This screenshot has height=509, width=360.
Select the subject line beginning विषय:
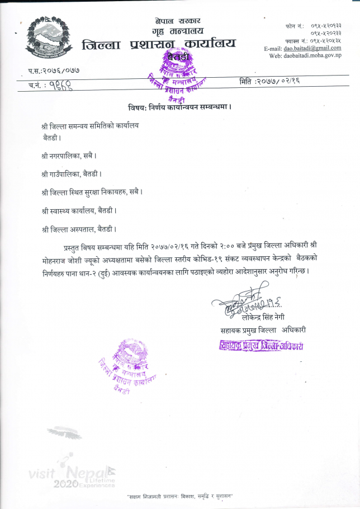coord(180,106)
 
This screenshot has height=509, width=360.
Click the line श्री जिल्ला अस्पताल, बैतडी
coord(79,229)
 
